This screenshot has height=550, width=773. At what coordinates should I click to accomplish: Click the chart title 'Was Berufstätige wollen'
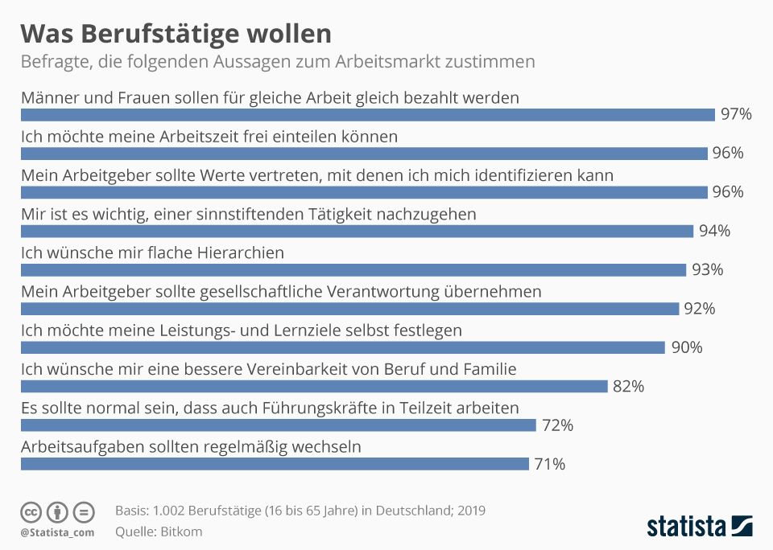coord(176,34)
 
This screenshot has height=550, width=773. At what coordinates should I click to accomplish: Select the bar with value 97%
coord(367,114)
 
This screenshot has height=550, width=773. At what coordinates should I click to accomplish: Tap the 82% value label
coord(628,387)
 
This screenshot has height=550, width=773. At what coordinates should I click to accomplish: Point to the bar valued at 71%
coord(274,464)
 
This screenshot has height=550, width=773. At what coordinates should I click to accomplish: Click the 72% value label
coord(557,425)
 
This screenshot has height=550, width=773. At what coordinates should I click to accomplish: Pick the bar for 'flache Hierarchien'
coord(353,270)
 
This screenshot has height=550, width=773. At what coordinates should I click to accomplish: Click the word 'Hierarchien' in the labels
coord(240,252)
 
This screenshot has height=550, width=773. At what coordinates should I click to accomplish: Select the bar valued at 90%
coord(342,347)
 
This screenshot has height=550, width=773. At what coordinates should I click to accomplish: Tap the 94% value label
coord(714,232)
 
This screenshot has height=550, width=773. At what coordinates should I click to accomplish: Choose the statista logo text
coord(687,527)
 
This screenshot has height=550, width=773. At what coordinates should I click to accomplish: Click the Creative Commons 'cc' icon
coord(31,512)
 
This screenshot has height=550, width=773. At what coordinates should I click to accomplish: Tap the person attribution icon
coord(57,512)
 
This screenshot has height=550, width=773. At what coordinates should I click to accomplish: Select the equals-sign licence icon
coord(84,512)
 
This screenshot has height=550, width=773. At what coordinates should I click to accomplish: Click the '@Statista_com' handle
coord(57,532)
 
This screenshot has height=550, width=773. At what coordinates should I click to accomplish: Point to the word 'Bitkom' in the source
coord(182,532)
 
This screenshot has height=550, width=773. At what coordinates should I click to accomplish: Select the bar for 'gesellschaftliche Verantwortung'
coord(349,309)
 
